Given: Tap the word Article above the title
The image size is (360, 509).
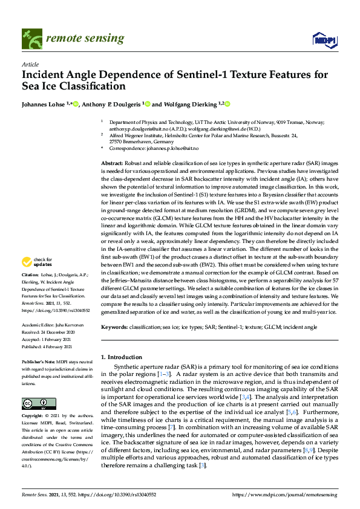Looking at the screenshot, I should point(30,64).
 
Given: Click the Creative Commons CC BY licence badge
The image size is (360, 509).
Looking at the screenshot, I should point(35,403).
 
